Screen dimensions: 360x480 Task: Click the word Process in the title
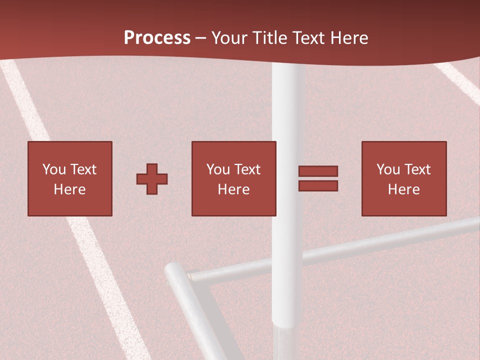click(x=157, y=38)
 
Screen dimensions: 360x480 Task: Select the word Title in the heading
click(x=269, y=38)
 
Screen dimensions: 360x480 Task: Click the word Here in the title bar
click(x=350, y=38)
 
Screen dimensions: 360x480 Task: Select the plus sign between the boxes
click(x=152, y=179)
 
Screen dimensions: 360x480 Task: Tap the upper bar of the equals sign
click(x=318, y=171)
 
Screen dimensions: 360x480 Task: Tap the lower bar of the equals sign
click(x=318, y=186)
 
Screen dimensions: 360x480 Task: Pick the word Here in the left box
click(x=69, y=189)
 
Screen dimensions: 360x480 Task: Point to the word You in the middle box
click(x=218, y=169)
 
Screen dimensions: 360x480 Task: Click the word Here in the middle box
click(x=233, y=189)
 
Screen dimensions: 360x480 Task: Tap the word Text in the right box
click(x=417, y=169)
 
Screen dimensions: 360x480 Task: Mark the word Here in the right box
click(x=403, y=189)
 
